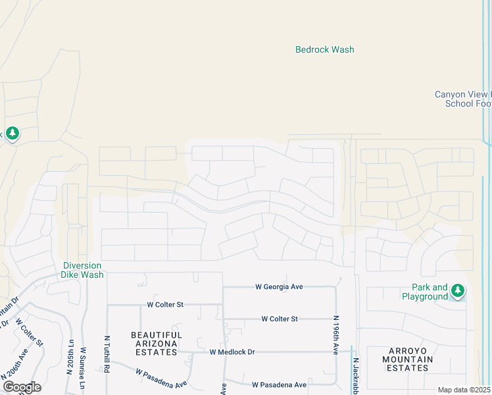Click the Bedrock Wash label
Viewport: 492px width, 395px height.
(324, 49)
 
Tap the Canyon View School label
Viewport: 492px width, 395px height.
(463, 99)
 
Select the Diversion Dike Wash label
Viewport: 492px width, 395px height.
(83, 270)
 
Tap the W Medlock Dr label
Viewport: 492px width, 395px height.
(232, 352)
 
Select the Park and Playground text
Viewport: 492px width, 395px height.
(430, 292)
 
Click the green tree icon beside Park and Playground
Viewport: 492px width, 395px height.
(458, 290)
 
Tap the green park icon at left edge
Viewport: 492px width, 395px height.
(12, 134)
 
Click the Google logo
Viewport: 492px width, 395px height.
(22, 386)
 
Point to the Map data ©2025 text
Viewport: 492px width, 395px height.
(464, 390)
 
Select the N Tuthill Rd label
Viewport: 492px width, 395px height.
(107, 355)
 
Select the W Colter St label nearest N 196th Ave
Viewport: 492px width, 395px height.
(280, 319)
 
